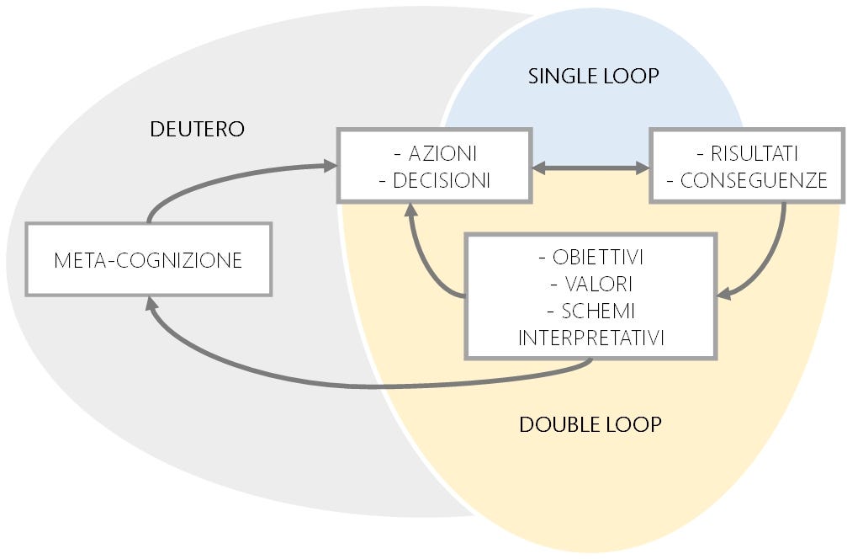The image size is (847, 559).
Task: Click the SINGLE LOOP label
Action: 593,76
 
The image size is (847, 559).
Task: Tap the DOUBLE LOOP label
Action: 590,423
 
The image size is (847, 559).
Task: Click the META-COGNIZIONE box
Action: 148,259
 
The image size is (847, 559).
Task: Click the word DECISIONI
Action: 442,179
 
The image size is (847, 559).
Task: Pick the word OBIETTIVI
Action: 597,256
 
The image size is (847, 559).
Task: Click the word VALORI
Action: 597,283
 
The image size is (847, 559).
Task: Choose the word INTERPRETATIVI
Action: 592,338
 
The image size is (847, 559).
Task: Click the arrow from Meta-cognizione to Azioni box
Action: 219,178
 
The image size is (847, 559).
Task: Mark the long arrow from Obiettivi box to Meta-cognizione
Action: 353,383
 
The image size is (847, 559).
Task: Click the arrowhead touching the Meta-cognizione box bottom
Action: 151,304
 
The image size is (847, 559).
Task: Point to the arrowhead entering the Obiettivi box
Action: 724,295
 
